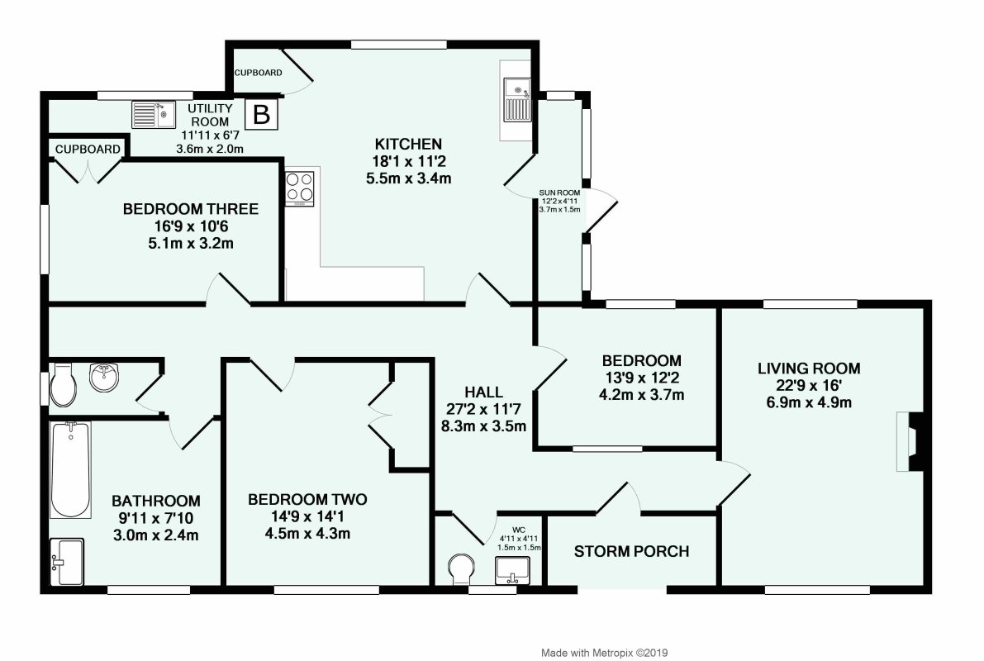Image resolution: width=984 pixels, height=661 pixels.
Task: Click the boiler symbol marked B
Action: [x=261, y=115]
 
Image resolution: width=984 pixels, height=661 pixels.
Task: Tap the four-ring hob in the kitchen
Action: [x=300, y=188]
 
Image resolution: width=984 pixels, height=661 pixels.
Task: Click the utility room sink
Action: [x=154, y=114]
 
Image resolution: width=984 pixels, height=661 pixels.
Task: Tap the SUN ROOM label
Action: [x=559, y=192]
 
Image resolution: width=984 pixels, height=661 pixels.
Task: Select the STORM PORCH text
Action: [x=631, y=551]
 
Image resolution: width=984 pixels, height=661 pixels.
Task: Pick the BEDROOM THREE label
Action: [x=191, y=209]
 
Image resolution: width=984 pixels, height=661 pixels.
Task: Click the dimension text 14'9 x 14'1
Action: [x=307, y=516]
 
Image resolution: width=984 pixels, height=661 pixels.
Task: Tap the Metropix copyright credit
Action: [x=604, y=653]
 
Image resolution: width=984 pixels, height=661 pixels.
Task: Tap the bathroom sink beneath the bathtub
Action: [x=67, y=562]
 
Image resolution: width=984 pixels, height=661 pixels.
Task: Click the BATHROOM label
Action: [x=155, y=501]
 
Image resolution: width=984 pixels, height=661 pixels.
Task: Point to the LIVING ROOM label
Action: [x=809, y=369]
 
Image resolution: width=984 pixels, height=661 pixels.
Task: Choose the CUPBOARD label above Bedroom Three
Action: [x=88, y=150]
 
